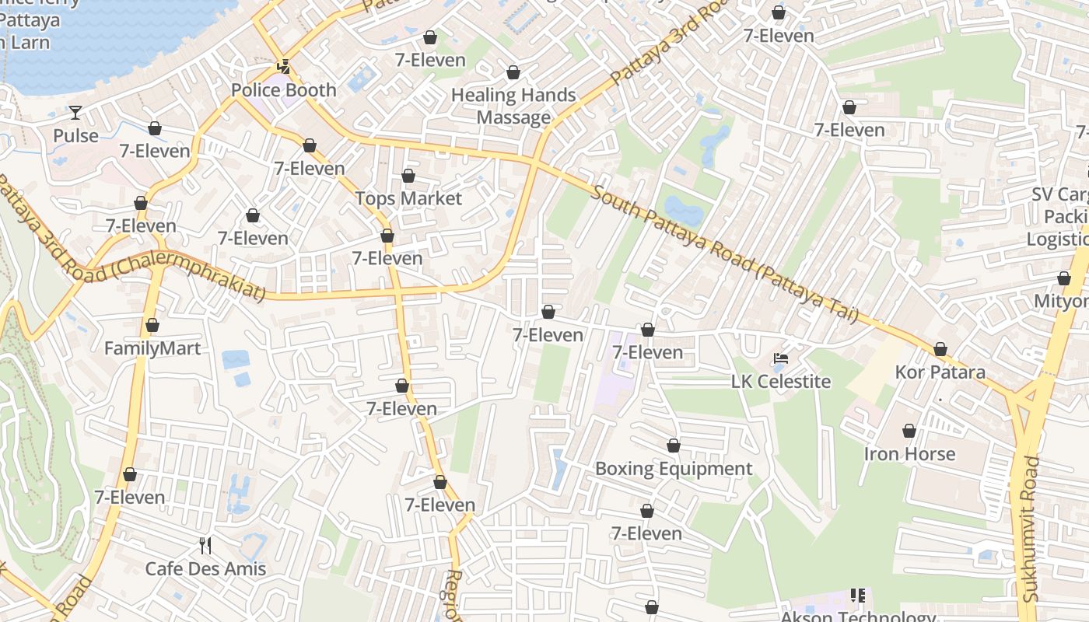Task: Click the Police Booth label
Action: (284, 90)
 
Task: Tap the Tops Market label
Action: (408, 198)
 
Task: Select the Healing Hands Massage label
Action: (513, 107)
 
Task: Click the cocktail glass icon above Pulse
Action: (75, 113)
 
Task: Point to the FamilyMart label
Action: (152, 348)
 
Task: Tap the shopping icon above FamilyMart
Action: (152, 325)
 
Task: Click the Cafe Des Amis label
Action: (205, 569)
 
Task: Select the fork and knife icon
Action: (205, 545)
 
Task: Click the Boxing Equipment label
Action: (674, 469)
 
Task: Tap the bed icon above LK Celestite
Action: (781, 358)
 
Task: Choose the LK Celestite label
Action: (781, 382)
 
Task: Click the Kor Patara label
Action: (940, 372)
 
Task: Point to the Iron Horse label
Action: (909, 454)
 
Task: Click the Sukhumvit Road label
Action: (1031, 529)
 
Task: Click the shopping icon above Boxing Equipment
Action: (674, 446)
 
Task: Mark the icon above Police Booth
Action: (285, 67)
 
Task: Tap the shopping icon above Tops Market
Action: (408, 176)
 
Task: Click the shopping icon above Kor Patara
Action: (940, 349)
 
